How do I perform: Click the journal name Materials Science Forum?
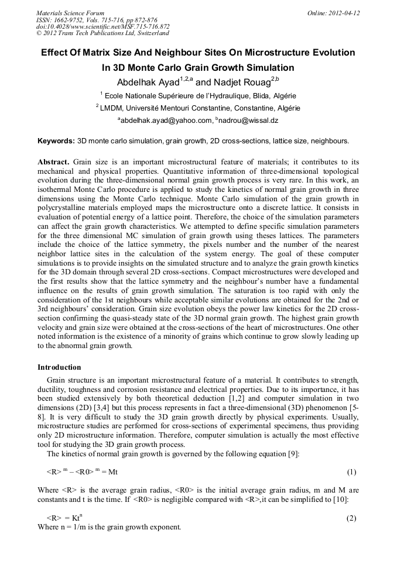point(70,13)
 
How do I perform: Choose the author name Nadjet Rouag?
point(233,82)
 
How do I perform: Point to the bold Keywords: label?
point(56,141)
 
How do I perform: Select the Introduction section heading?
point(59,367)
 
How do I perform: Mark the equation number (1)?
point(351,472)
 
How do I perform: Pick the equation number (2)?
point(351,518)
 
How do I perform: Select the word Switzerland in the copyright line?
point(149,34)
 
